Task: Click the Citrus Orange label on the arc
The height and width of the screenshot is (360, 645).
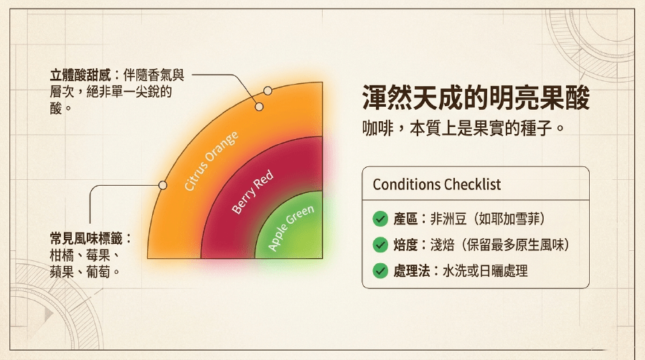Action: tap(211, 161)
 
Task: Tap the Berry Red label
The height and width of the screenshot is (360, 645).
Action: tap(253, 191)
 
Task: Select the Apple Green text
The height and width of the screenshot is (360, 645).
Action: tap(291, 227)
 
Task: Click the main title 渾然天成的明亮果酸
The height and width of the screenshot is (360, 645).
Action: tap(476, 98)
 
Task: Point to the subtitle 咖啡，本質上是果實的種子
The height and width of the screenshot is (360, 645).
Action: tap(463, 128)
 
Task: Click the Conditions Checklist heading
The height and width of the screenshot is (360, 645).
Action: tap(437, 184)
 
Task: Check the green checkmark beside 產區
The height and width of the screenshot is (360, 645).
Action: tap(380, 219)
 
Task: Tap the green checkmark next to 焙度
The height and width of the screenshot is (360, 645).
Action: tap(380, 245)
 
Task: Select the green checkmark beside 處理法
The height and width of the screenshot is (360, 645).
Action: tap(380, 271)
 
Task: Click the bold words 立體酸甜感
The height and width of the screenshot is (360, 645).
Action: tap(80, 75)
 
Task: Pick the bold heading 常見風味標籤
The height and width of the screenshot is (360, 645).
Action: tap(86, 238)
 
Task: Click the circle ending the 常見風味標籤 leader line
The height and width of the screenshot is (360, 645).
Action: tap(163, 185)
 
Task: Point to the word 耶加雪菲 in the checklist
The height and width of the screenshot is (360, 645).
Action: tap(515, 219)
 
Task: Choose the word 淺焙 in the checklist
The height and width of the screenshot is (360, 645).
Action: tap(442, 245)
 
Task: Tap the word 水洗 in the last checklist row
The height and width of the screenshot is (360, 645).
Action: tap(455, 271)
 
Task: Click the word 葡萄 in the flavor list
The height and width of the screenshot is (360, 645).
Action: tap(98, 272)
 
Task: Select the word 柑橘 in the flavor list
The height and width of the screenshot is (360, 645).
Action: tap(62, 255)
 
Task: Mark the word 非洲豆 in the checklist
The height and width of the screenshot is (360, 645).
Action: tap(448, 219)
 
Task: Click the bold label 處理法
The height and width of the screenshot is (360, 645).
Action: tap(412, 271)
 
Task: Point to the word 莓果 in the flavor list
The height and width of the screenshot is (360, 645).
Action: tap(98, 255)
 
